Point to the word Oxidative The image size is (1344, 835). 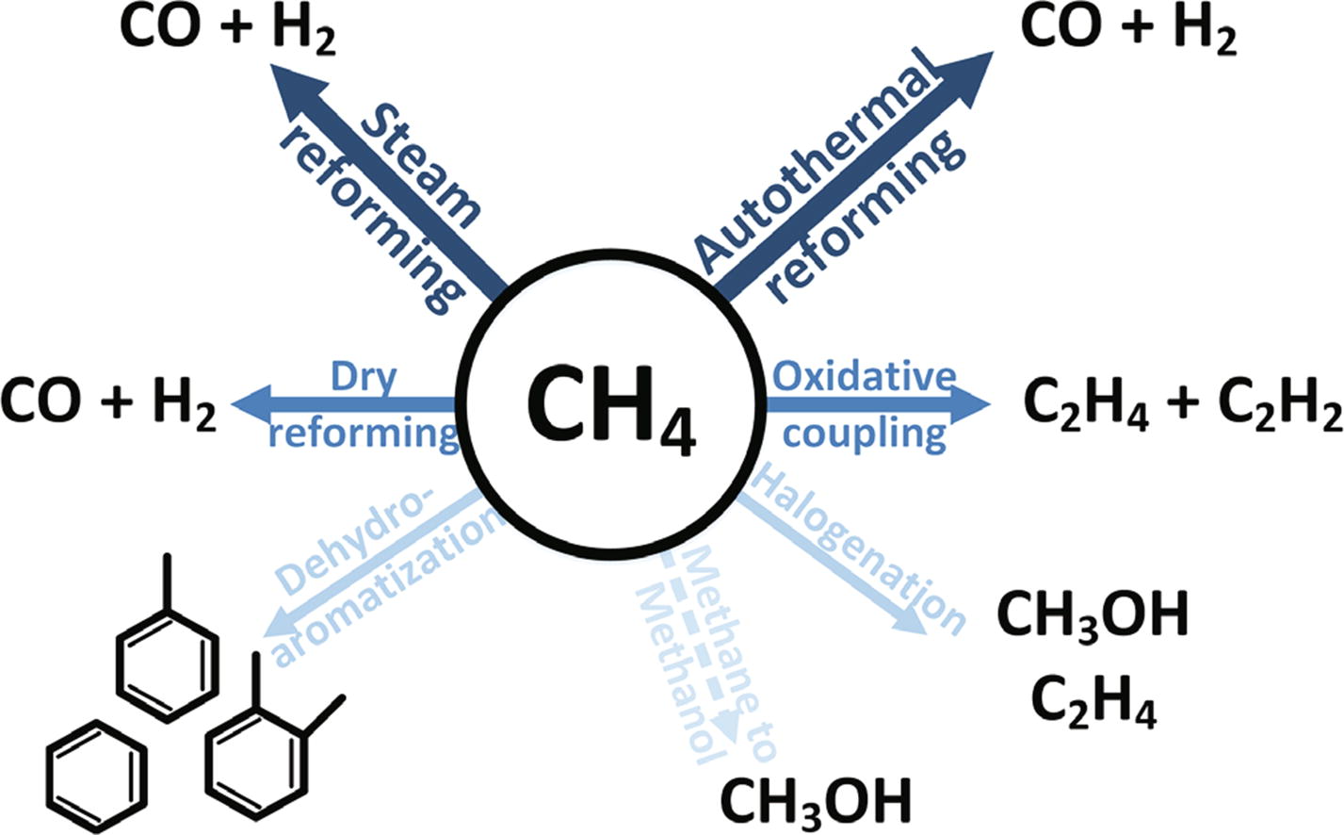click(x=865, y=377)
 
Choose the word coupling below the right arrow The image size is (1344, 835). click(x=865, y=434)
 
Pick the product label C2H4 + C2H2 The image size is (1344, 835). click(x=1181, y=407)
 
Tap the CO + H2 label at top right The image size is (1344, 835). click(x=1127, y=30)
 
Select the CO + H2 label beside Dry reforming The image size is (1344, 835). click(x=109, y=407)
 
